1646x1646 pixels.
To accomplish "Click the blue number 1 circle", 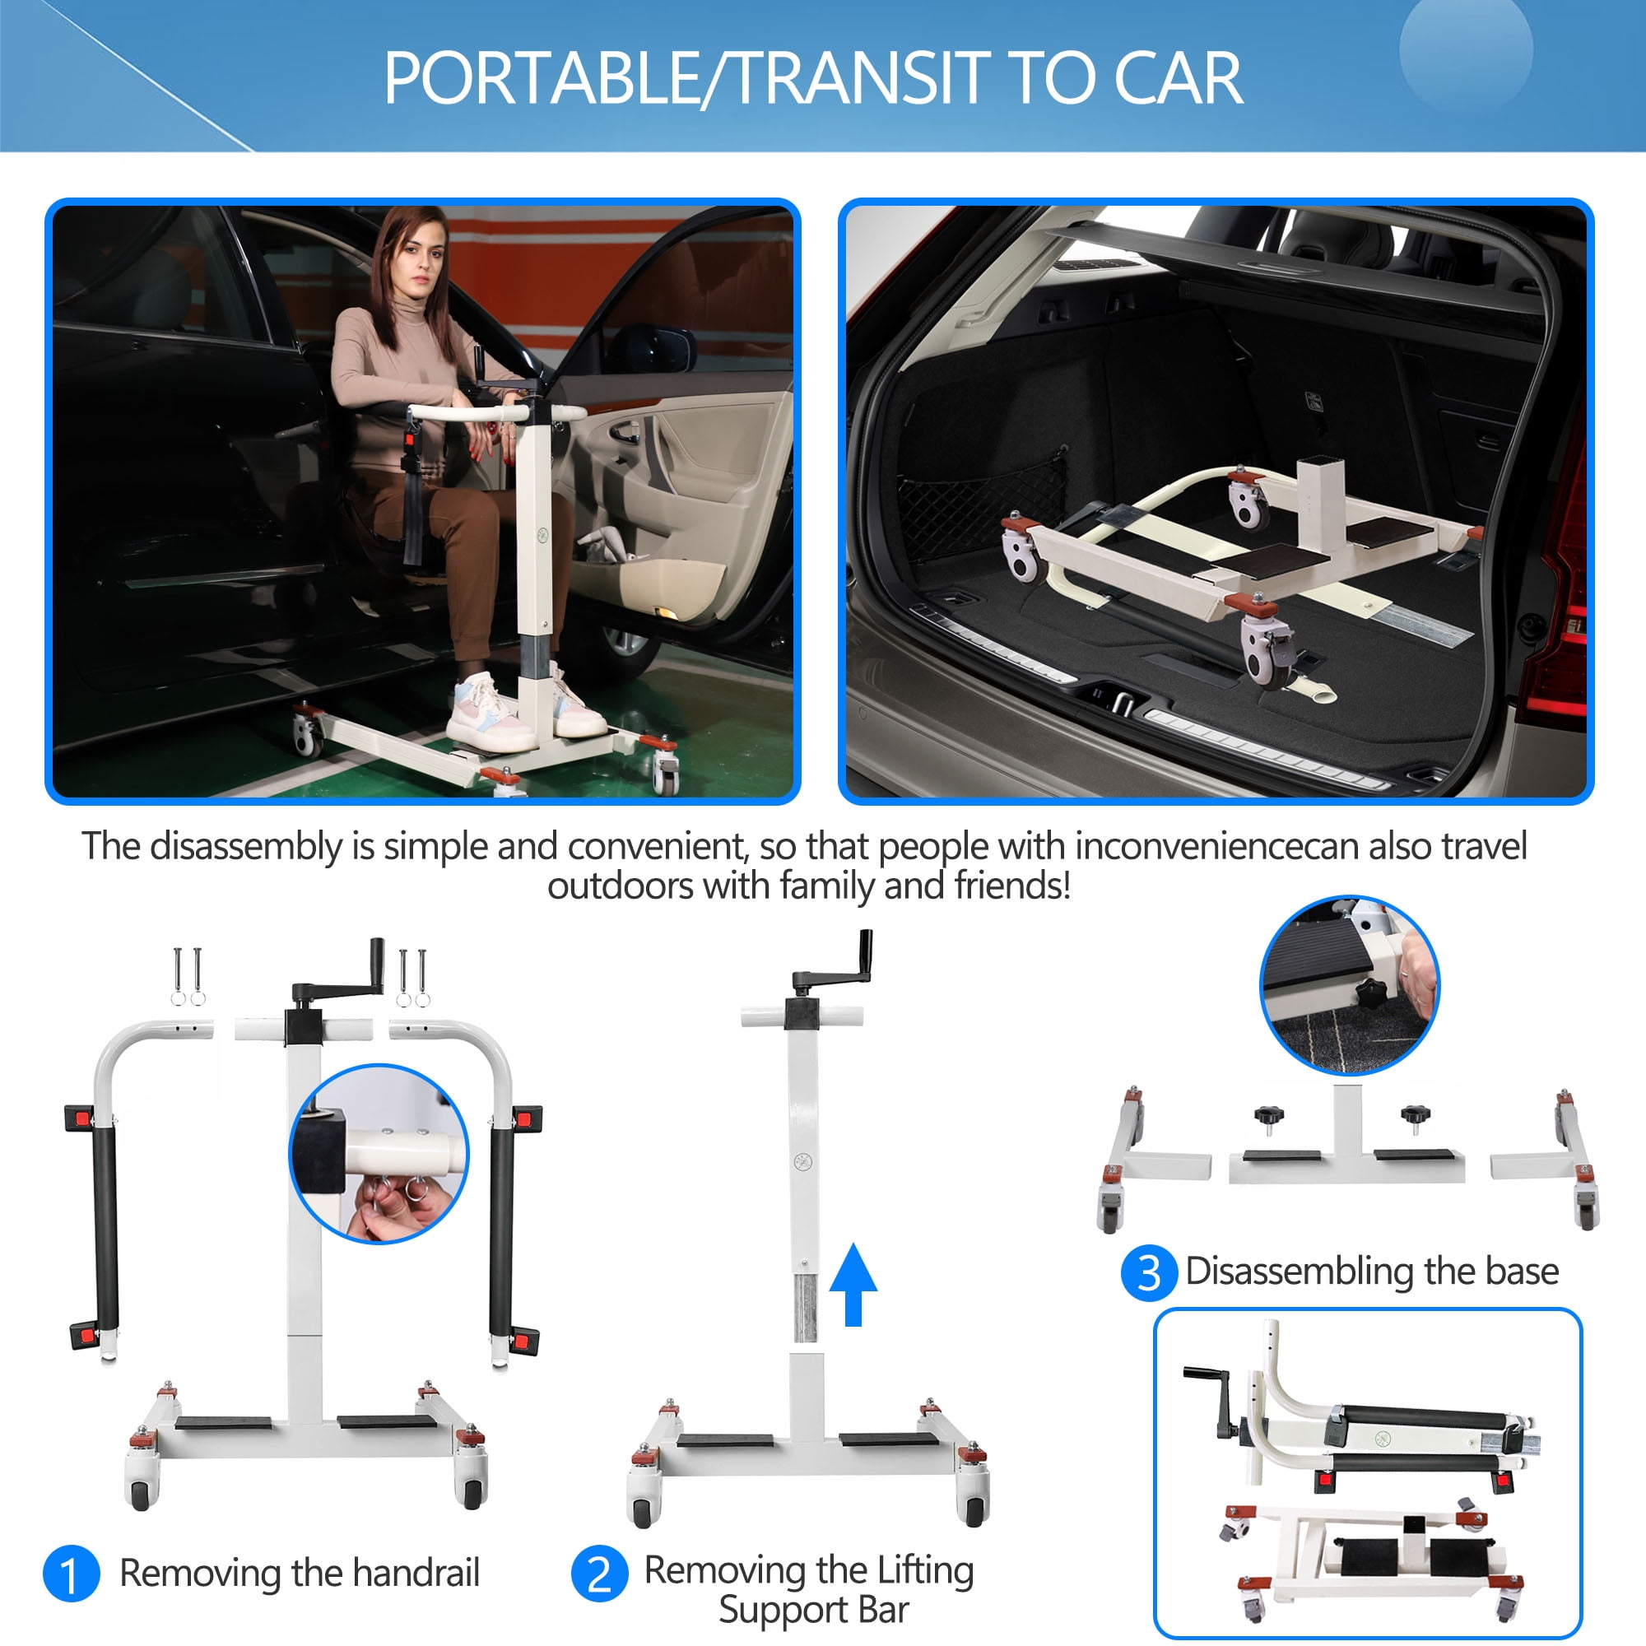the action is tap(72, 1574).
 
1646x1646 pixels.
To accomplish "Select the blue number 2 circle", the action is tap(600, 1574).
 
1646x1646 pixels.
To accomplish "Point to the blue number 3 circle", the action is tap(1149, 1274).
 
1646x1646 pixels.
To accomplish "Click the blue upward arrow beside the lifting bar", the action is tap(853, 1284).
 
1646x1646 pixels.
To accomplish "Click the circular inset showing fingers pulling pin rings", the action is tap(379, 1155).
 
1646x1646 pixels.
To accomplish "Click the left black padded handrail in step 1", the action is tap(106, 1227).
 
